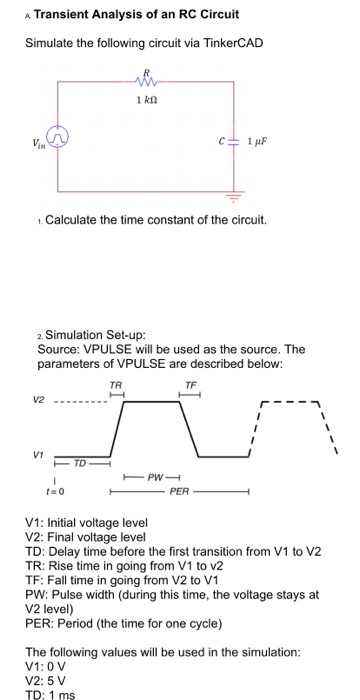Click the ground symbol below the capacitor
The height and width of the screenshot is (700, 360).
coord(238,196)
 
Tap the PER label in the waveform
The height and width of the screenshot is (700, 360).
coord(179,493)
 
